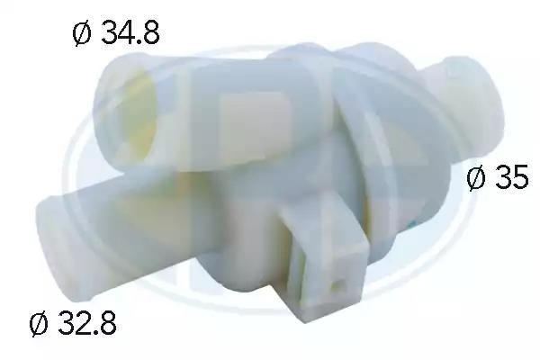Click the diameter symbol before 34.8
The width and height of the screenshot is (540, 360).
point(82,33)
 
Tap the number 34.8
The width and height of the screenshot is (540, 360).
point(130,33)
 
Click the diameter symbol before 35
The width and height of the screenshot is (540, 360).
point(475,176)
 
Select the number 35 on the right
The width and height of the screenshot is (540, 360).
point(511,177)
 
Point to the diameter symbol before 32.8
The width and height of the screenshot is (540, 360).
point(39,323)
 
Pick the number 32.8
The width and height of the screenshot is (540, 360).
point(87,323)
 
